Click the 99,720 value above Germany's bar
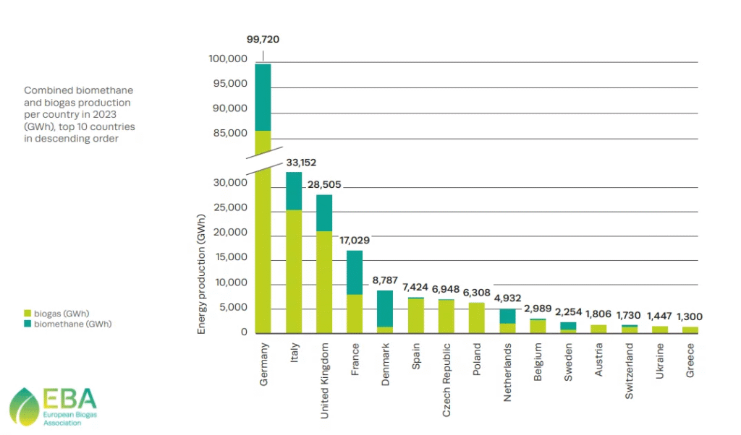coord(263,39)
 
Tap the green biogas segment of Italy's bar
coord(294,271)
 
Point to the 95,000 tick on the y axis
coord(232,84)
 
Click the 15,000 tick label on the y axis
coord(232,258)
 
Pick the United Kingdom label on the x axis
coord(325,381)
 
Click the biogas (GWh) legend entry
coord(56,314)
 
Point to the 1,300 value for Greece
coord(690,316)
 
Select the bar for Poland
coord(476,318)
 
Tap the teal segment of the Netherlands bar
coord(507,316)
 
